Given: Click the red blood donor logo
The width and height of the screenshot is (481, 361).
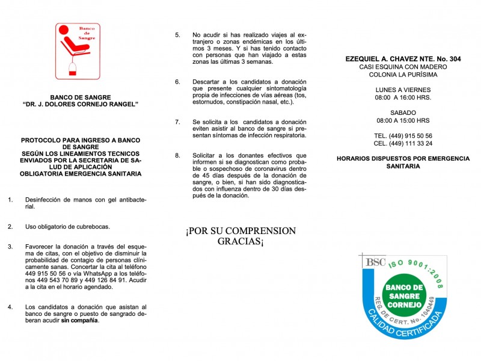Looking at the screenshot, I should point(78,51).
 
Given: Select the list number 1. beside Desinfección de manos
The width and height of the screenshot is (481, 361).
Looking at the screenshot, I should point(10,199).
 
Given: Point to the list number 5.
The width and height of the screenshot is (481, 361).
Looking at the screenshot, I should point(177,35).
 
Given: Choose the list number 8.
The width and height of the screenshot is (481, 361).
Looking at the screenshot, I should point(177,155).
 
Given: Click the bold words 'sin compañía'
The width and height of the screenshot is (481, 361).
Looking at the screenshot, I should point(80,320).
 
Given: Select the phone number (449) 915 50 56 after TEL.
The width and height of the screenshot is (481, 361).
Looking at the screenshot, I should point(411,135).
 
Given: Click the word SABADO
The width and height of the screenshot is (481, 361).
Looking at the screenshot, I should point(403,113).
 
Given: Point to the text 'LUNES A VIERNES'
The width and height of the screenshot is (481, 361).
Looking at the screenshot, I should point(403,89).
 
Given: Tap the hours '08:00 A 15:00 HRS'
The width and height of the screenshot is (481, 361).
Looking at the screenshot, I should point(403,120).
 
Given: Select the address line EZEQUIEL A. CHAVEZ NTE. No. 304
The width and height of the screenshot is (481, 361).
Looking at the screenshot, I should point(403,58).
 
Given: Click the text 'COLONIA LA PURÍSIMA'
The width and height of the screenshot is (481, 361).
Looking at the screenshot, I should point(403,75).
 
